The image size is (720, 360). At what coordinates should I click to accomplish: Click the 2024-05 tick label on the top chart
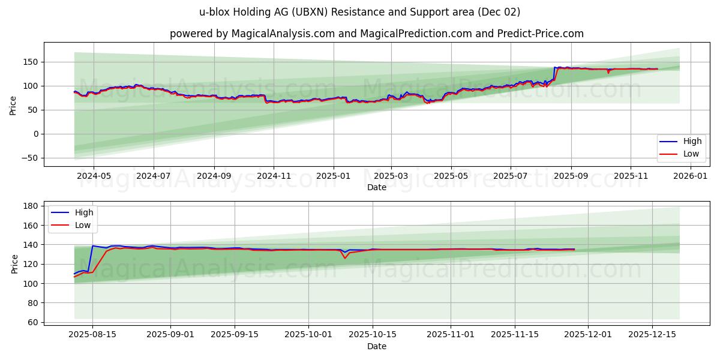point(94,176)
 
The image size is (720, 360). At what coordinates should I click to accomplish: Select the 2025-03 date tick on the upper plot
point(391,176)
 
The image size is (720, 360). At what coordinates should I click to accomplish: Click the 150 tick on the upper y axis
point(31,62)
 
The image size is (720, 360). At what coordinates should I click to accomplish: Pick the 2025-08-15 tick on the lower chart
point(92,335)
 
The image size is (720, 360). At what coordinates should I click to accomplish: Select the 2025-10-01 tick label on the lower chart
point(308,335)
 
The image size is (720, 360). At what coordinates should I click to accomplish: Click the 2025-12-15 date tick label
point(652,335)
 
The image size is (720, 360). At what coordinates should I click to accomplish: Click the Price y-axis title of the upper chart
point(13,106)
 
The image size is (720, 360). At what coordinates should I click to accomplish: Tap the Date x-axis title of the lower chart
point(376,346)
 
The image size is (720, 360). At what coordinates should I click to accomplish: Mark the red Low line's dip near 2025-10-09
point(344,258)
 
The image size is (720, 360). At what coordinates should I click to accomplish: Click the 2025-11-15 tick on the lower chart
point(514,335)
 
